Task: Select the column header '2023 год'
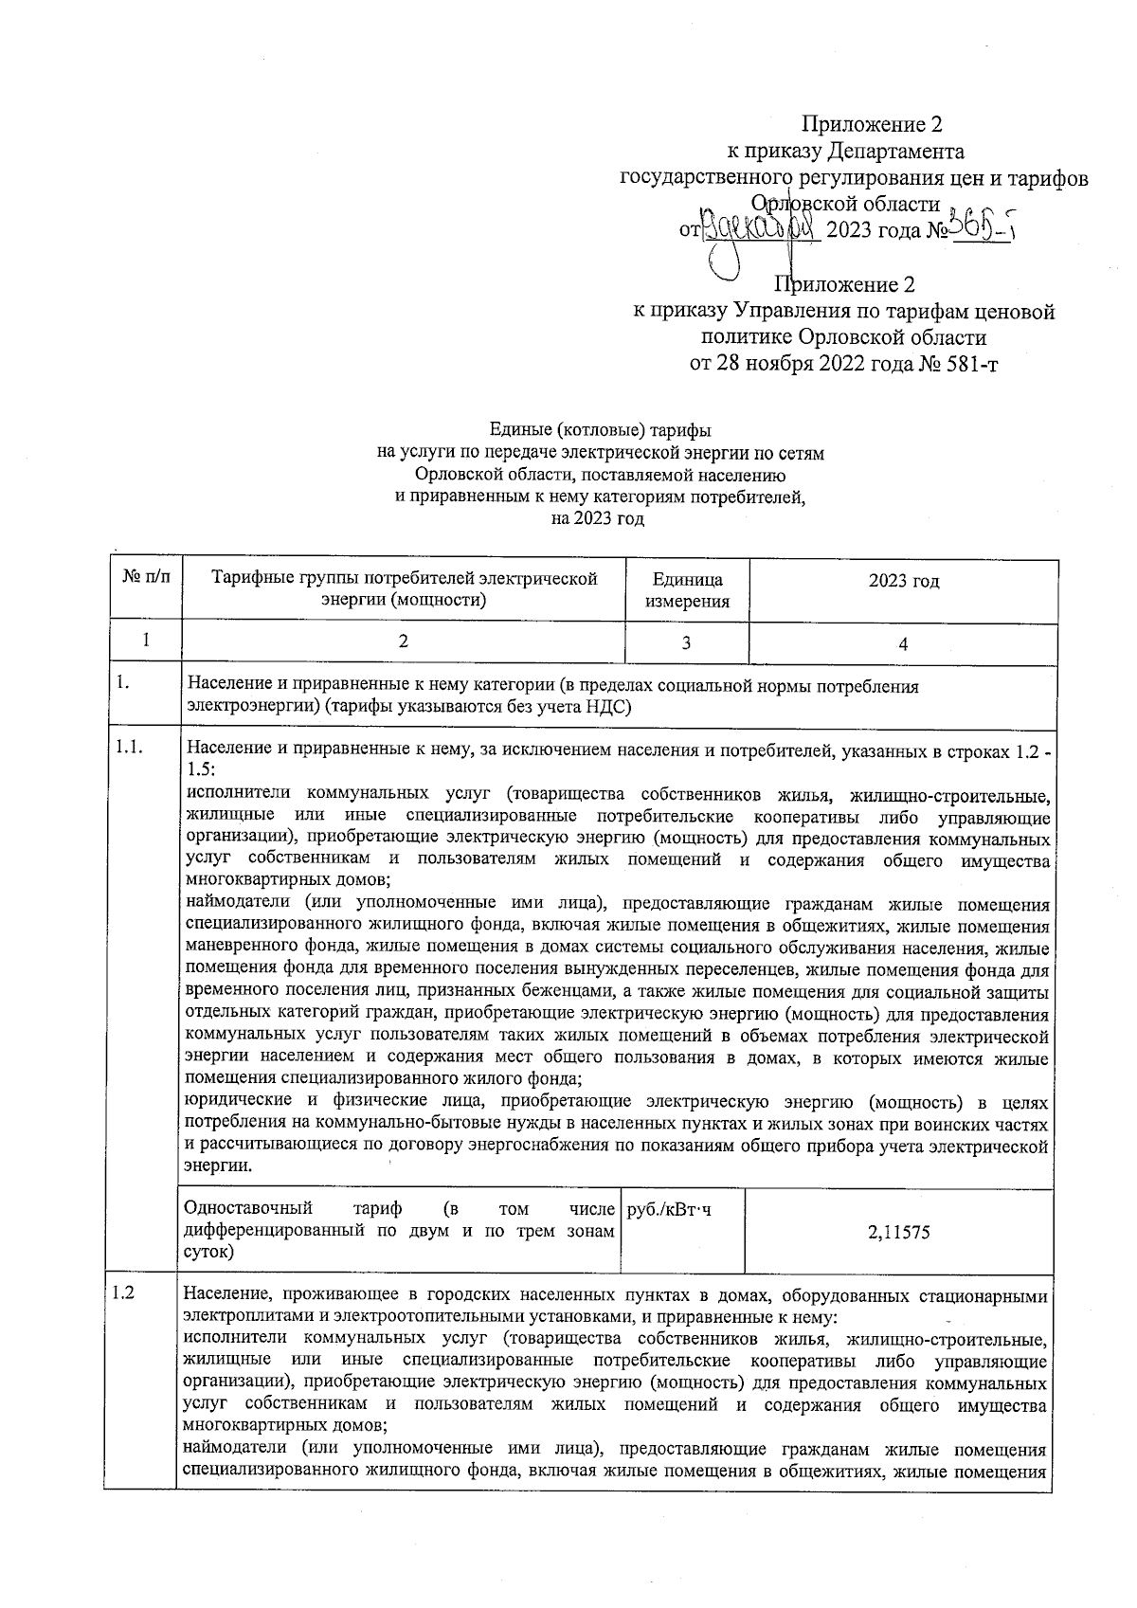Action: click(903, 581)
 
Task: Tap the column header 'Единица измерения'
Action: click(687, 590)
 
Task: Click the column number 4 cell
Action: click(903, 643)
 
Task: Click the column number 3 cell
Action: click(686, 642)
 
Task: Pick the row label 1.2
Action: click(124, 1293)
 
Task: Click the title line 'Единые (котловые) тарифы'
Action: click(600, 431)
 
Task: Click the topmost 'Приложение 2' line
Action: click(872, 124)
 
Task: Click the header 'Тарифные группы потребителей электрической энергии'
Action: click(404, 588)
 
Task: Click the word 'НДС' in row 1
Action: click(608, 707)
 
